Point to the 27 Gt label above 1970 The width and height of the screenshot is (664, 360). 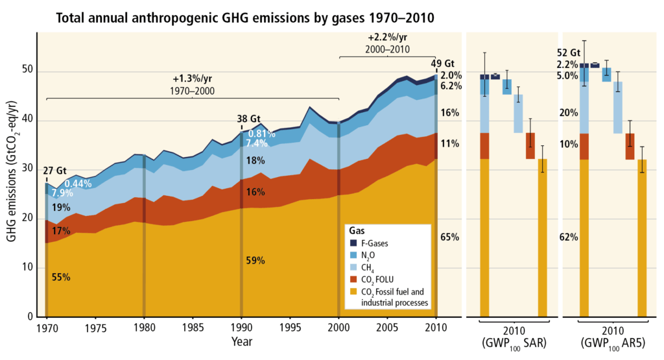pos(55,171)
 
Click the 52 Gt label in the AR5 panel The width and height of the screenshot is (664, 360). pos(567,53)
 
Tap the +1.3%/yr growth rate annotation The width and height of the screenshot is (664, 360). pos(193,79)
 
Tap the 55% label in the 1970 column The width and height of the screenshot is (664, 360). pos(61,277)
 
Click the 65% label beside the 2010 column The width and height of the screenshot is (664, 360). pos(450,237)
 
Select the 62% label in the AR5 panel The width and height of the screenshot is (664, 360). pos(568,237)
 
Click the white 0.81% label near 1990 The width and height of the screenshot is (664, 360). pos(262,134)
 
